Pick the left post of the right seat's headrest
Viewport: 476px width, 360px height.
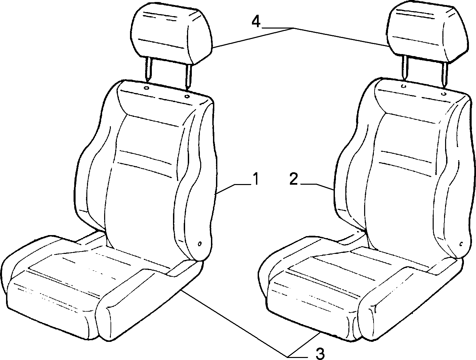405,68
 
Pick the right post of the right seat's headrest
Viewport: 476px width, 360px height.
444,75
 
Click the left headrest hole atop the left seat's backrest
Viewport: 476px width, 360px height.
146,88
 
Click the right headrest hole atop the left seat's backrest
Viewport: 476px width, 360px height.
186,96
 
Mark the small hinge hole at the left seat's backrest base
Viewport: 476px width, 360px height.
200,244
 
